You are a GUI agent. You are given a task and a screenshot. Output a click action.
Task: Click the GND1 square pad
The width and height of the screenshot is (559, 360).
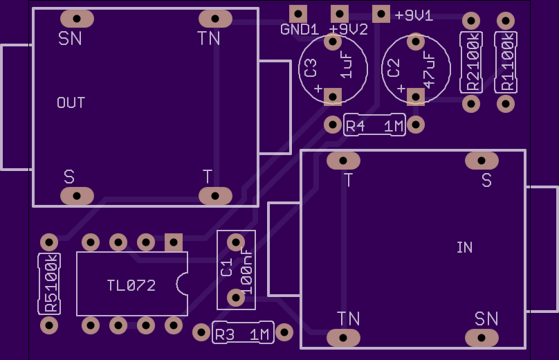pyautogui.click(x=298, y=15)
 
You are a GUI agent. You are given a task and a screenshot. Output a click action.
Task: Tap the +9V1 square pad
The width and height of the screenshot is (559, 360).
pyautogui.click(x=381, y=15)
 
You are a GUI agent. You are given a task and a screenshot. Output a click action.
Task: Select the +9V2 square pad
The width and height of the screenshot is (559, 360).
pyautogui.click(x=340, y=15)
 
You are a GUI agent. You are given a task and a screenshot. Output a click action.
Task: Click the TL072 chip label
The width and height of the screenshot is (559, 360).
pyautogui.click(x=131, y=285)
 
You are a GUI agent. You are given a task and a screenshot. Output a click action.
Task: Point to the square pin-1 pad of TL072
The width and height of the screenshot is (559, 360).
pyautogui.click(x=174, y=242)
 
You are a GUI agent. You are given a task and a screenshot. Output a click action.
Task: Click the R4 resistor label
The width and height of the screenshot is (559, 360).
pyautogui.click(x=356, y=126)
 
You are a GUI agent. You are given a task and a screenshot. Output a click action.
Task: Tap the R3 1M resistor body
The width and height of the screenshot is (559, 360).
pyautogui.click(x=243, y=332)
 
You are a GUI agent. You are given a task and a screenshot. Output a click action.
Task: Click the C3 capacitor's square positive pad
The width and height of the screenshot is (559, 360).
pyautogui.click(x=333, y=97)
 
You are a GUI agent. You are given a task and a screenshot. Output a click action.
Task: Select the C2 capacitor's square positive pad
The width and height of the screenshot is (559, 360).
pyautogui.click(x=416, y=97)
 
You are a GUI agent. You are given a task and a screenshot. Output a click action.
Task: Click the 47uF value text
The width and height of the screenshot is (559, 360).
pyautogui.click(x=429, y=70)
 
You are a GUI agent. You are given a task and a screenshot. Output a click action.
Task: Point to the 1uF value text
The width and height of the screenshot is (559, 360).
pyautogui.click(x=346, y=65)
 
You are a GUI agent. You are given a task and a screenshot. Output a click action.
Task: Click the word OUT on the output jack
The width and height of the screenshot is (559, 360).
pyautogui.click(x=71, y=102)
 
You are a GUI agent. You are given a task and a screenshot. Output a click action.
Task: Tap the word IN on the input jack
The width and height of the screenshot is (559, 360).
pyautogui.click(x=464, y=247)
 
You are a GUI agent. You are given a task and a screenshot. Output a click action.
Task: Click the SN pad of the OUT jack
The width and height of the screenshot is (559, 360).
pyautogui.click(x=77, y=19)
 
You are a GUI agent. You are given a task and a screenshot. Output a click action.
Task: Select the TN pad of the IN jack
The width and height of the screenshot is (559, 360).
pyautogui.click(x=343, y=338)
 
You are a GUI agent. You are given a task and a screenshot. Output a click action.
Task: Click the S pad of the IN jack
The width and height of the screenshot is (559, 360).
pyautogui.click(x=482, y=161)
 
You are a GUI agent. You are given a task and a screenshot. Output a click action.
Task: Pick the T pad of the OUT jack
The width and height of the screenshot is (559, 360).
pyautogui.click(x=215, y=196)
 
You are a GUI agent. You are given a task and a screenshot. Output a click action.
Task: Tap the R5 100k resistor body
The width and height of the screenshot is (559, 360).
pyautogui.click(x=49, y=284)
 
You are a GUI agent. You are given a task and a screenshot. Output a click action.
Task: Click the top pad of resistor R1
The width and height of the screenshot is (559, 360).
pyautogui.click(x=506, y=21)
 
